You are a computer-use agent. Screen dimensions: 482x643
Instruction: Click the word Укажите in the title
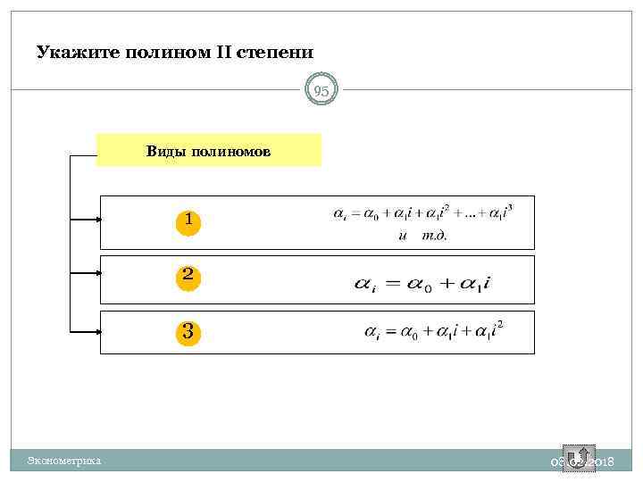(x=73, y=52)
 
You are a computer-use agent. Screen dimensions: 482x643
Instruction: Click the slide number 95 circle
(x=321, y=90)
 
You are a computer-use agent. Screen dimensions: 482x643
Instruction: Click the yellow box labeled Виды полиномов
(x=208, y=151)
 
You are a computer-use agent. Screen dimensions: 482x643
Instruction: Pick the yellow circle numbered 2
(x=188, y=277)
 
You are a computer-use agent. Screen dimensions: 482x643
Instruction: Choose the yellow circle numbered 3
(x=188, y=332)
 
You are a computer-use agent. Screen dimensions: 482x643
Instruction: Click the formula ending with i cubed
(x=422, y=214)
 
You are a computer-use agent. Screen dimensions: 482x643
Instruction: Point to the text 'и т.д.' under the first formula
(x=422, y=236)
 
